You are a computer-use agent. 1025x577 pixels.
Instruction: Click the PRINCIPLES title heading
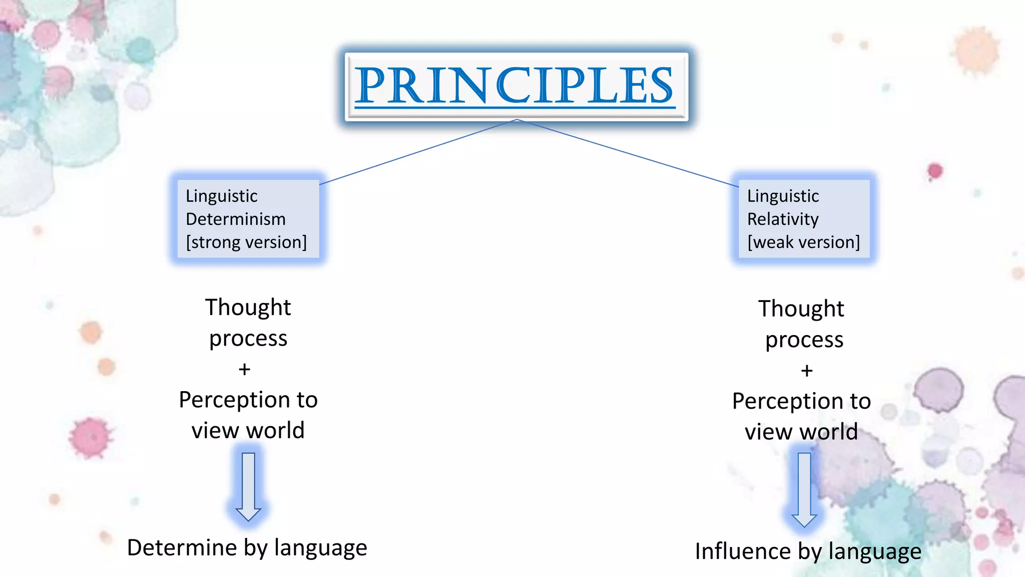coord(516,86)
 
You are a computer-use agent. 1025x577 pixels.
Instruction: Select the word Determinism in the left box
coord(235,219)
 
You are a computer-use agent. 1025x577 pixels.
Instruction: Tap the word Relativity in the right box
coord(782,219)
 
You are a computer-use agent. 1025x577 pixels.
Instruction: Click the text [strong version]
coord(246,242)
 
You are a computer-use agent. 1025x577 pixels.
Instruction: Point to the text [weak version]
coord(803,242)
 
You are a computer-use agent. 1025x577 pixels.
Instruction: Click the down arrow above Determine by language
coord(248,486)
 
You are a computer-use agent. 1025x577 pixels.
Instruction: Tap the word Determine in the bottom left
coord(182,547)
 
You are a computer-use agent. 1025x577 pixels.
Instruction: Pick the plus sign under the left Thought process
coord(244,370)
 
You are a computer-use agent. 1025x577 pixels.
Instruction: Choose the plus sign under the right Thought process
coord(806,371)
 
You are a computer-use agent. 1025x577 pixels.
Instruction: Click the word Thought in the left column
coord(248,308)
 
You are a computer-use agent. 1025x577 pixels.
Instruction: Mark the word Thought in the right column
coord(801,309)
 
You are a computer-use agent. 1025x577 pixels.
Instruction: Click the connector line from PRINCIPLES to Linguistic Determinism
coord(418,152)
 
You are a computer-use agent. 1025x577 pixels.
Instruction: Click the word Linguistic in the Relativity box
coord(783,196)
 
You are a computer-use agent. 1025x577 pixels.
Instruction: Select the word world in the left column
coord(276,431)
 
